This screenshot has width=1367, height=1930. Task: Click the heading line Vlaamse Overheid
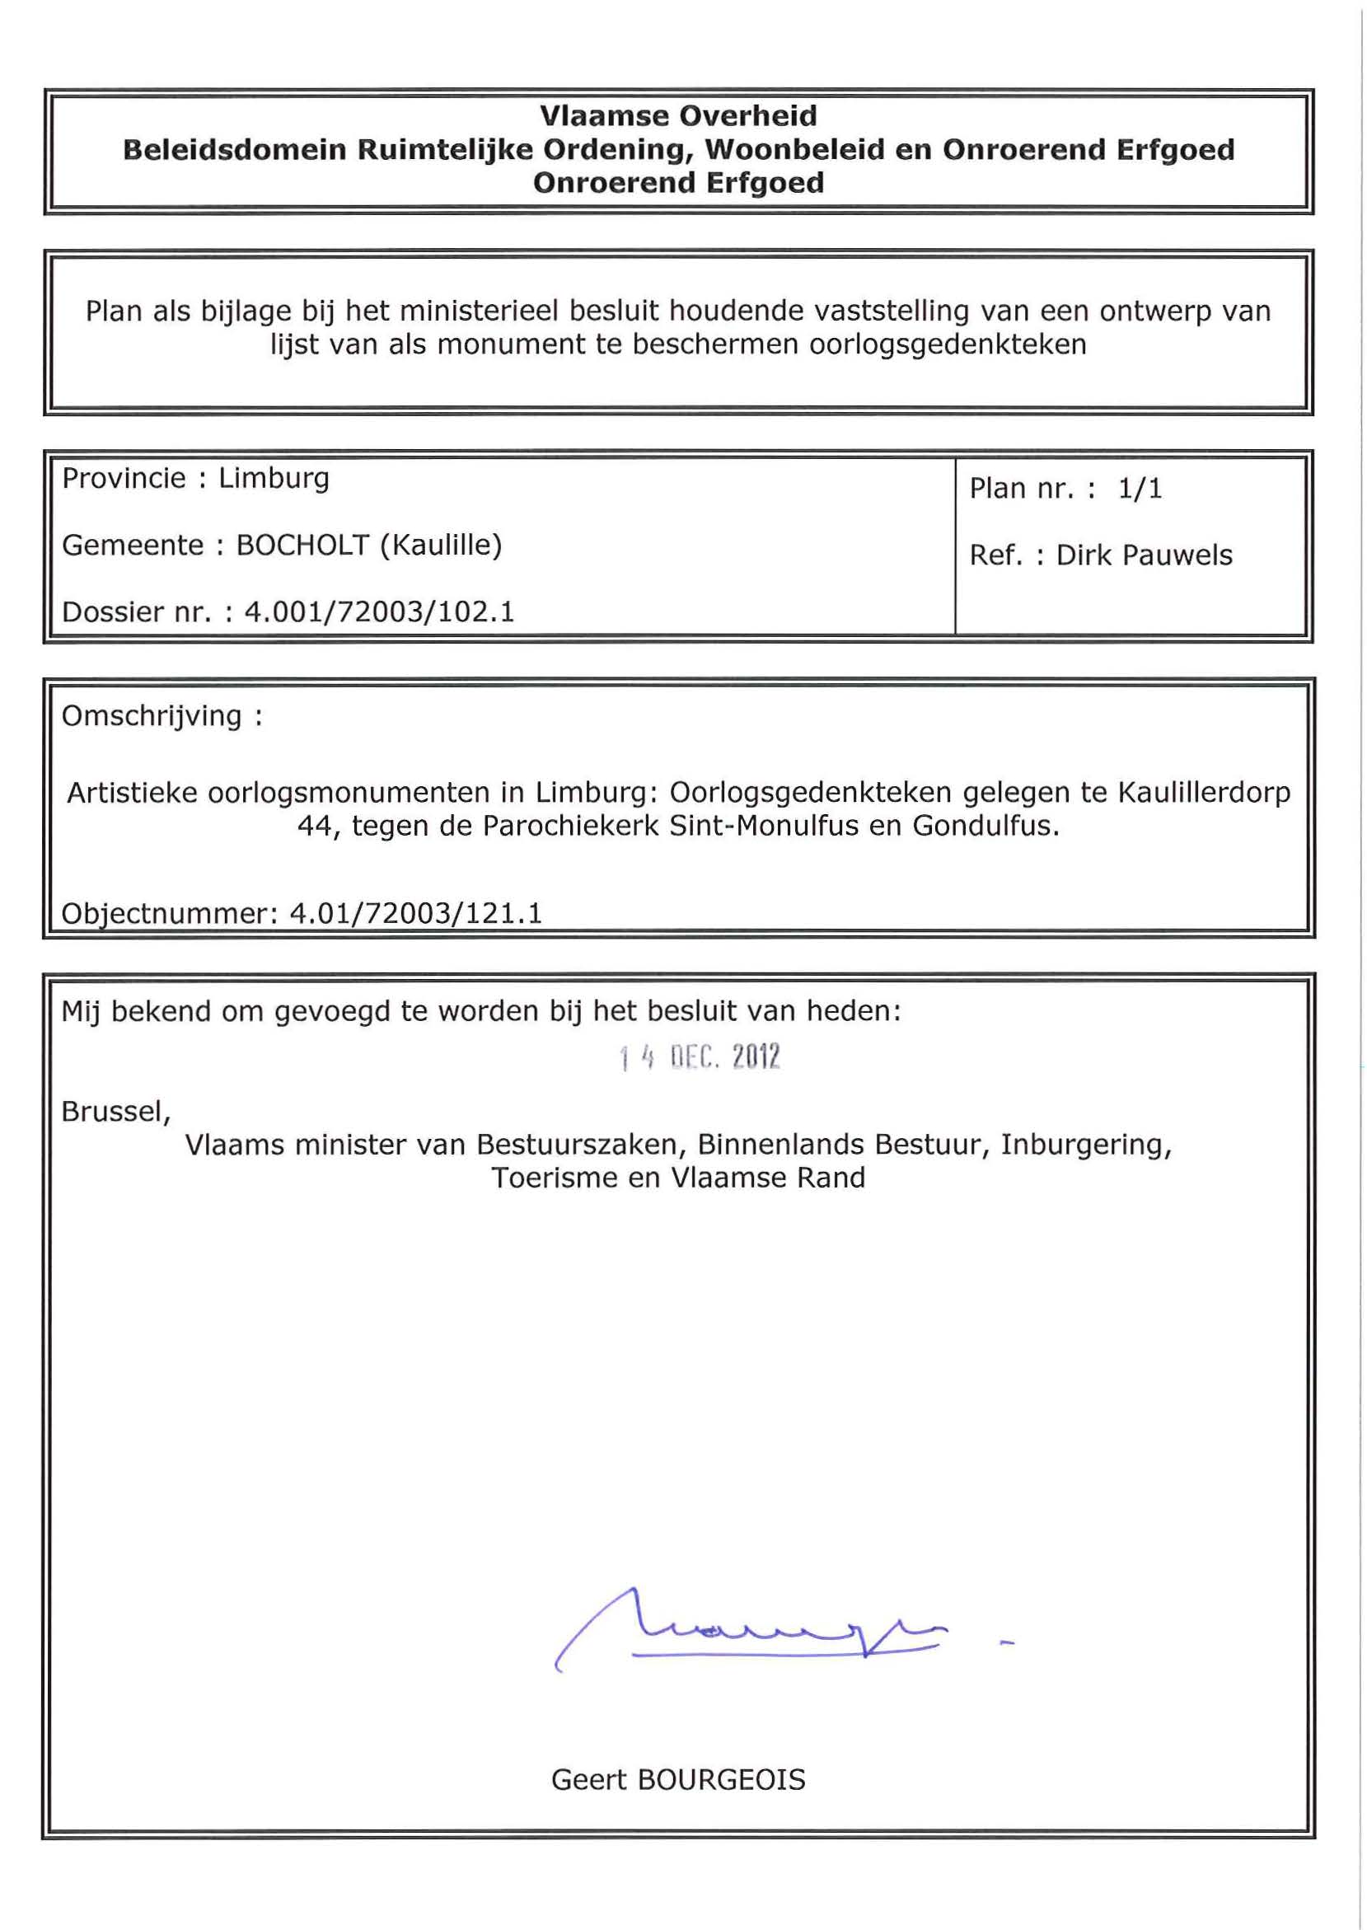click(677, 115)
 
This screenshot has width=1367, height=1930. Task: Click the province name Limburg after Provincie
click(274, 478)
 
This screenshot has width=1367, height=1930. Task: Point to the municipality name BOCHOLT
click(302, 546)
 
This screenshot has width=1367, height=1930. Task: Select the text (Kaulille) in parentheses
click(441, 546)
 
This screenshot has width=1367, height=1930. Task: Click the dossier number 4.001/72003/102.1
click(379, 612)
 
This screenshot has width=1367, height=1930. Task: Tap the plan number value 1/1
click(1140, 489)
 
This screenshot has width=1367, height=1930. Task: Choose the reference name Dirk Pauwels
click(1144, 555)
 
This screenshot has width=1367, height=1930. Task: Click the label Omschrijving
click(152, 716)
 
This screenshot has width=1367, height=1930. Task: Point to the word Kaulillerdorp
click(1204, 793)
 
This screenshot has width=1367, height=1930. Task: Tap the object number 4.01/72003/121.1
click(416, 913)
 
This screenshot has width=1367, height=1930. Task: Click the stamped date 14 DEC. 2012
click(700, 1057)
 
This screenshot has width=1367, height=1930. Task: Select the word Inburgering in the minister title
click(1085, 1145)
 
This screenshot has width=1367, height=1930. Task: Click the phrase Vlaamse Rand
click(768, 1178)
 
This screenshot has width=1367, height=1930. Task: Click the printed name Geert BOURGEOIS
click(678, 1780)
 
